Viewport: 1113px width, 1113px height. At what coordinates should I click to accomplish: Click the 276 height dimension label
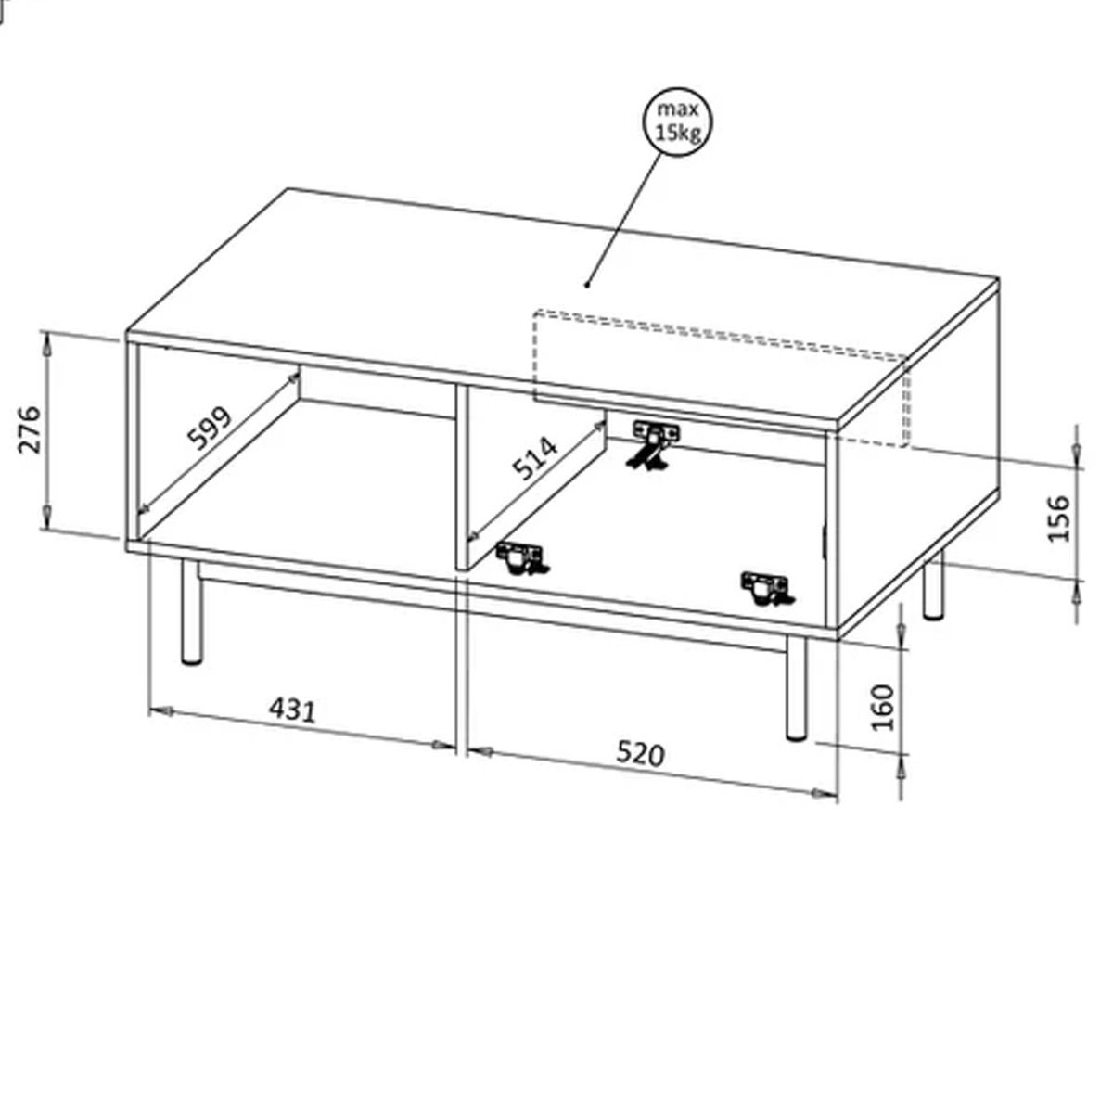click(30, 429)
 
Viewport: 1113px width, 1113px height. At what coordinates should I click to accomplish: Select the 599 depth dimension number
click(211, 428)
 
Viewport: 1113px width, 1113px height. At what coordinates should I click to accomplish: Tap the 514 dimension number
click(536, 458)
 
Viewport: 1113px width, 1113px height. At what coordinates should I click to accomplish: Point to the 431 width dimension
click(293, 710)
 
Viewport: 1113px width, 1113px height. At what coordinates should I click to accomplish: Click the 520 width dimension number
click(641, 754)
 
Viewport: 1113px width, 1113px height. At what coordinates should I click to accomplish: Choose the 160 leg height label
click(882, 708)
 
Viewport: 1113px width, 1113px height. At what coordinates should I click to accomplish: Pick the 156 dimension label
click(1058, 518)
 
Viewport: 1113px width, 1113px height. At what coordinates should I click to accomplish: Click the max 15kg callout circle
click(677, 122)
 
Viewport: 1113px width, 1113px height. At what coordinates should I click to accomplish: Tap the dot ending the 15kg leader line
click(587, 284)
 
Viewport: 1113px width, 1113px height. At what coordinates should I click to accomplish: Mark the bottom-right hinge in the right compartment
click(766, 589)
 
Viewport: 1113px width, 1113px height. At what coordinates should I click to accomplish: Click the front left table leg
click(191, 611)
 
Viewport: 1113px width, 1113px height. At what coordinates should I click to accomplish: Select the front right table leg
click(797, 688)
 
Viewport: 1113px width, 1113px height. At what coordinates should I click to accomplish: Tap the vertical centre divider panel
click(461, 477)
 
